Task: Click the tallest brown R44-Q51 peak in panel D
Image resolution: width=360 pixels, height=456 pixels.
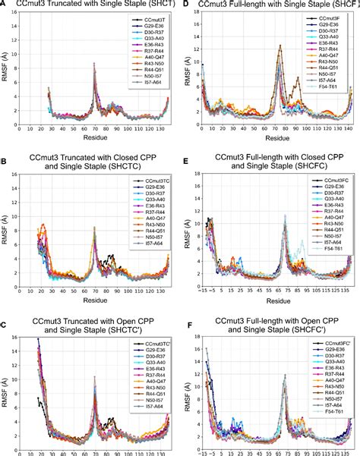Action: point(280,46)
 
